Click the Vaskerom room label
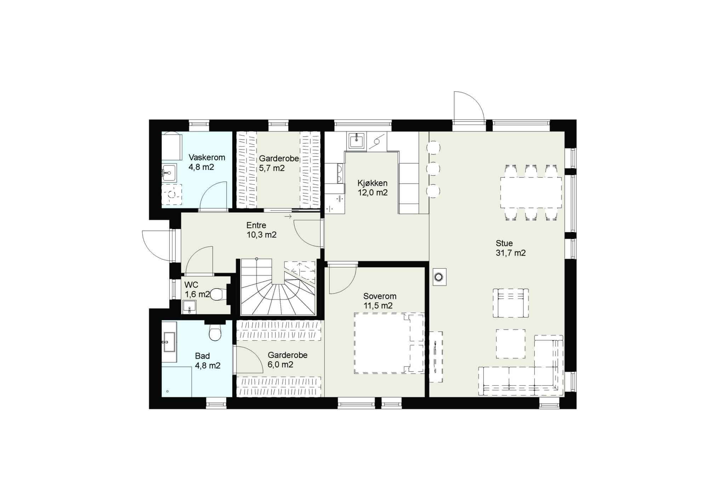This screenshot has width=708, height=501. [x=202, y=162]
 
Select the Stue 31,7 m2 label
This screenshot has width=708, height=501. [x=510, y=248]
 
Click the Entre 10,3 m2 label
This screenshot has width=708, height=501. [x=262, y=230]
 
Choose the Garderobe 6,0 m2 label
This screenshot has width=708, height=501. [x=287, y=360]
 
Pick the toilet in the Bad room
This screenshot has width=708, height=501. [x=215, y=332]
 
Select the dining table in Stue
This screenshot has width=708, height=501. [x=531, y=193]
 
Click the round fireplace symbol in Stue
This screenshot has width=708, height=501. [x=439, y=277]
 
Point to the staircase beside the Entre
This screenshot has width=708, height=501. [x=278, y=287]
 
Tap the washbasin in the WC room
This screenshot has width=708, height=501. [x=189, y=307]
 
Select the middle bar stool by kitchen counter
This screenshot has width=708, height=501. [x=433, y=169]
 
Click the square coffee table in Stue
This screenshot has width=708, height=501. [x=510, y=343]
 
